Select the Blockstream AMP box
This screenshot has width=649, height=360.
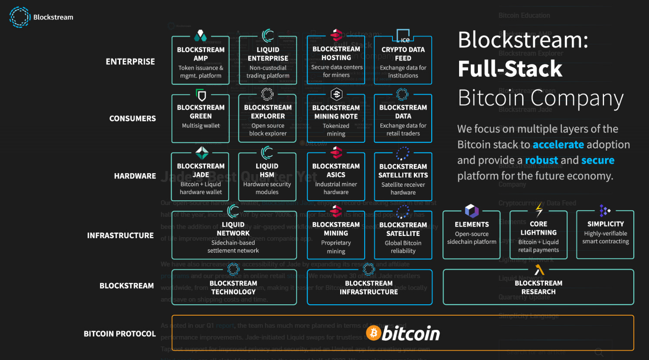pyautogui.click(x=200, y=61)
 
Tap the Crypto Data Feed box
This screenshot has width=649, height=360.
pyautogui.click(x=403, y=61)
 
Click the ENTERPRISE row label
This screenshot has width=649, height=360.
pyautogui.click(x=130, y=62)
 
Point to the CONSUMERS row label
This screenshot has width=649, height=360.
pyautogui.click(x=132, y=118)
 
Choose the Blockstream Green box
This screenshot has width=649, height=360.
pyautogui.click(x=200, y=118)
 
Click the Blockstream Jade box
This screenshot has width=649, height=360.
pyautogui.click(x=200, y=177)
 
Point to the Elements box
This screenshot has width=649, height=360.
pyautogui.click(x=471, y=235)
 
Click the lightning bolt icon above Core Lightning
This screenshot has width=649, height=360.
pyautogui.click(x=539, y=210)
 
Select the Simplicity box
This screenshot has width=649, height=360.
pyautogui.click(x=605, y=235)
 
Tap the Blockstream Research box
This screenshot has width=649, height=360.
pyautogui.click(x=538, y=287)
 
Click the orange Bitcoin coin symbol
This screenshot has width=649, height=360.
pyautogui.click(x=373, y=333)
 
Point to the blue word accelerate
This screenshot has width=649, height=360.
pyautogui.click(x=558, y=145)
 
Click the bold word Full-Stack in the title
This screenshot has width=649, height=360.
pyautogui.click(x=510, y=69)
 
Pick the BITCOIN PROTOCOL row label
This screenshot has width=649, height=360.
pyautogui.click(x=119, y=334)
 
